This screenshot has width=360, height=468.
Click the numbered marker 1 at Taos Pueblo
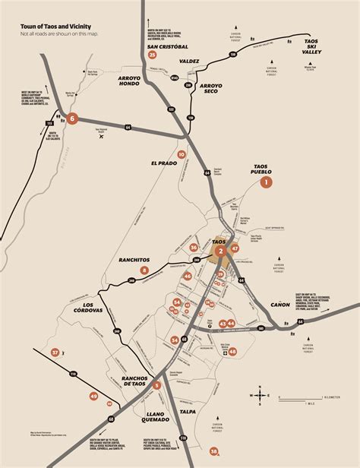[267, 182]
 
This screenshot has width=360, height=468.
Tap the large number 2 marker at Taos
[220, 251]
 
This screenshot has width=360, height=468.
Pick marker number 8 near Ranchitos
[144, 270]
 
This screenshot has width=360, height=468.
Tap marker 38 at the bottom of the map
[214, 452]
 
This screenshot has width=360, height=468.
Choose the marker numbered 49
[93, 396]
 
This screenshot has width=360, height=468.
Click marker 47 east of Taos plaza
[235, 248]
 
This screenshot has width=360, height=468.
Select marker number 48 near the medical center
[233, 351]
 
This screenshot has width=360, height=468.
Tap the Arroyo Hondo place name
[134, 82]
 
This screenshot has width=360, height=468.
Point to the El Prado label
[163, 163]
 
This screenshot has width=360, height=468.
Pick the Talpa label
[188, 412]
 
